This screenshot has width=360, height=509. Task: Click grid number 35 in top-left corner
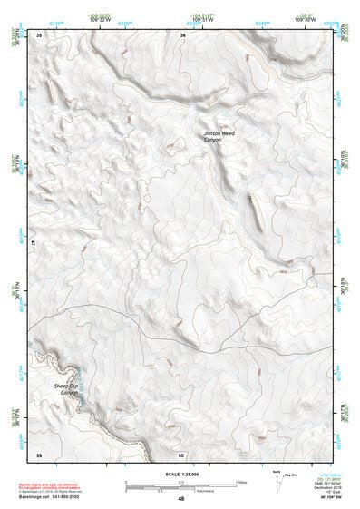[39, 34]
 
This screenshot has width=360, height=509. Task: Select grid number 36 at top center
[182, 34]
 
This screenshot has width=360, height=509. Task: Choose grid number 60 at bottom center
[181, 454]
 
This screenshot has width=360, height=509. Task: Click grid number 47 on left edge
[33, 245]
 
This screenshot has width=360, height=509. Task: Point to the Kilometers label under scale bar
[190, 491]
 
